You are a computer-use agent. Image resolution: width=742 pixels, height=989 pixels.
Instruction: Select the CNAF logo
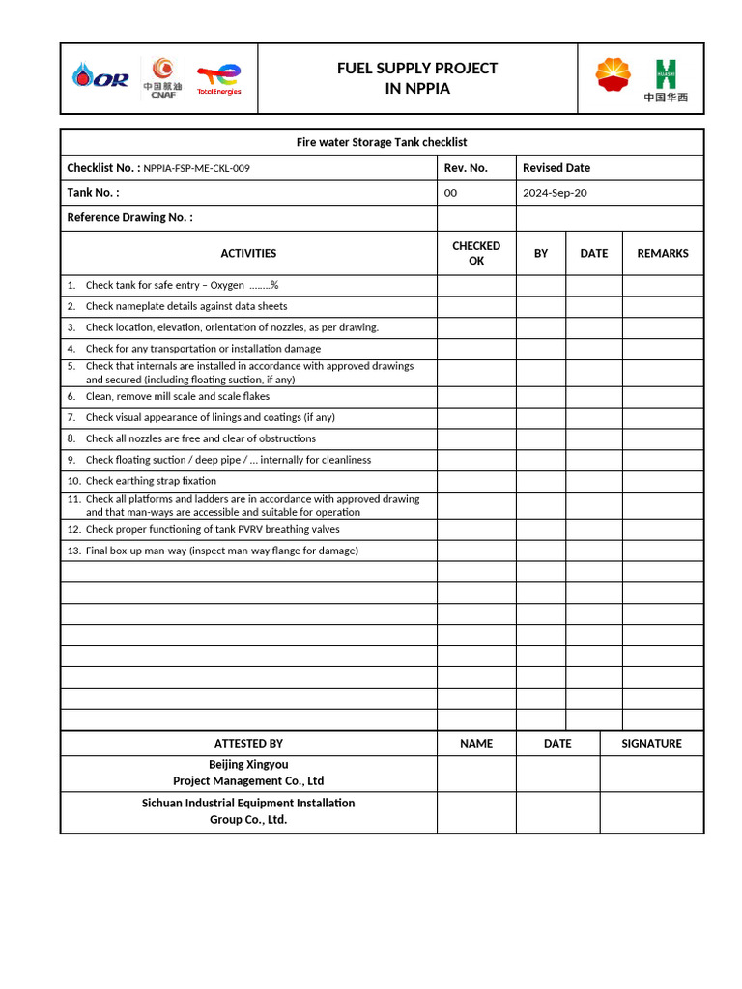point(160,77)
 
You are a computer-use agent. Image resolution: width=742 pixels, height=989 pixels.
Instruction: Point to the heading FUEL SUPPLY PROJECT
point(417,68)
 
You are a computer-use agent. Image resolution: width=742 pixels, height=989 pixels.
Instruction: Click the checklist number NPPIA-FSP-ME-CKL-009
point(197,168)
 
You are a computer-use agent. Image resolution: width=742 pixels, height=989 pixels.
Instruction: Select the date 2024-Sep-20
point(555,193)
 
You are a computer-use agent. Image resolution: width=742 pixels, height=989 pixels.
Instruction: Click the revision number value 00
point(450,193)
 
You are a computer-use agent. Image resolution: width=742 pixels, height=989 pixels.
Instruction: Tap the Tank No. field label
point(93,193)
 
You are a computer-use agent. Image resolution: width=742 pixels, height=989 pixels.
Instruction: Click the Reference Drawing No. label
point(129,218)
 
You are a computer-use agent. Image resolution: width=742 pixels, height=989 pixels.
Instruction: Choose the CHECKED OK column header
point(476,253)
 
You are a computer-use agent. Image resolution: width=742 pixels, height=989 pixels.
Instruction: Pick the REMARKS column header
point(663,253)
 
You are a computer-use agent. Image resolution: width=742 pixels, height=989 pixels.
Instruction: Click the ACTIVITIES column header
point(248,253)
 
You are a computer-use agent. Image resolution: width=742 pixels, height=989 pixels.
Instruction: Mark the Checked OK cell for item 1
point(476,285)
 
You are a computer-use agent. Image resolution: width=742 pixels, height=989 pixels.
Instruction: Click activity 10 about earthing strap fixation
point(151,481)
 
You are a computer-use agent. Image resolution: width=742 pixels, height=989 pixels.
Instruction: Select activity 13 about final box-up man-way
point(221,551)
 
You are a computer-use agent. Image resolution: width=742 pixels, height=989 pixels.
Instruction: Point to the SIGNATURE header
point(651,744)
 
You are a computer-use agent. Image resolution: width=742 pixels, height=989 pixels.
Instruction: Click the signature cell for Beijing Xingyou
point(651,774)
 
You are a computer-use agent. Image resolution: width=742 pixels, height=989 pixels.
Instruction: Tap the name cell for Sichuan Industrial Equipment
point(476,812)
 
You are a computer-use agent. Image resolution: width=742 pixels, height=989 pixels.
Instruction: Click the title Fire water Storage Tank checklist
point(382,143)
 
